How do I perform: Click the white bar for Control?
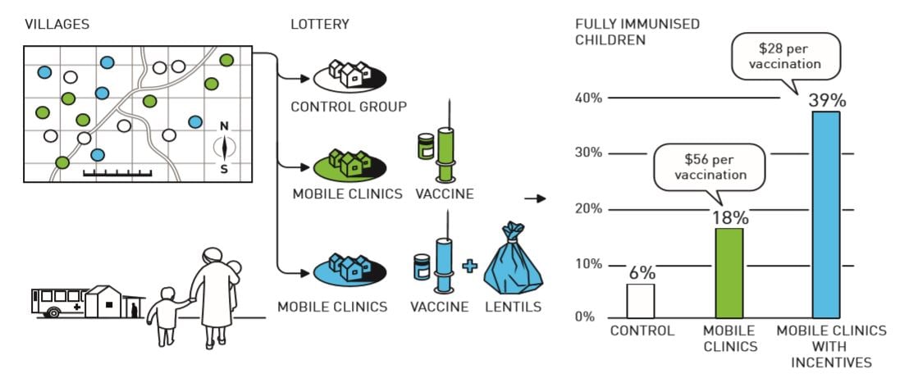click(641, 300)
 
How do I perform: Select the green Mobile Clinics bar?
click(729, 273)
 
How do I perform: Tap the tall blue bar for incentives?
click(826, 215)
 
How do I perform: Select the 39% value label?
click(825, 101)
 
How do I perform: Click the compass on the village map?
click(224, 148)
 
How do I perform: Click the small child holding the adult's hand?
click(168, 316)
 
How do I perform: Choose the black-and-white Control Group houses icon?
click(350, 75)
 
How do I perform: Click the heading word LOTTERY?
click(319, 25)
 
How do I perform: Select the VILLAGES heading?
click(57, 25)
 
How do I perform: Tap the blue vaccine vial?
click(422, 267)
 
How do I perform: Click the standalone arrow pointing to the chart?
click(535, 198)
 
